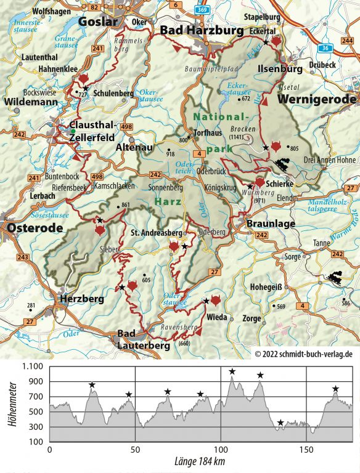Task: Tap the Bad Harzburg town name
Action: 194,31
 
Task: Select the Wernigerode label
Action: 317,99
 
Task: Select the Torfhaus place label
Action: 205,132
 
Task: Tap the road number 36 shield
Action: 324,47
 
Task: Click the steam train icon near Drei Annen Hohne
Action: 283,165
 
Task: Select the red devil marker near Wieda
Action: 216,300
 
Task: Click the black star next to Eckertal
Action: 266,42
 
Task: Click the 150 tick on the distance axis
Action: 306,450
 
